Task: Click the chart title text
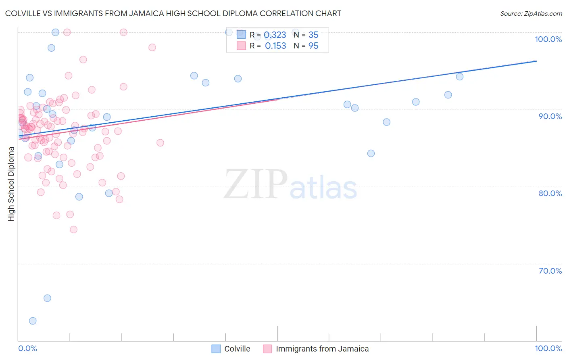[x=173, y=13]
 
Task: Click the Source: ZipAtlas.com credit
[x=531, y=13]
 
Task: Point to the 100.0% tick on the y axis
[x=548, y=39]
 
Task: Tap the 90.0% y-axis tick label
[x=550, y=116]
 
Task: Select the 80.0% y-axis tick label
[x=550, y=193]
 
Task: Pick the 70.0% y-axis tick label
[x=550, y=271]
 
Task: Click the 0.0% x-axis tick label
[x=27, y=348]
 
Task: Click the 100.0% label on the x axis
[x=548, y=348]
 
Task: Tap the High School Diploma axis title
[x=11, y=184]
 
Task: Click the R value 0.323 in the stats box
[x=275, y=35]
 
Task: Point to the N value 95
[x=313, y=46]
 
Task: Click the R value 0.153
[x=275, y=46]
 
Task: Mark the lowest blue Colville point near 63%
[x=33, y=321]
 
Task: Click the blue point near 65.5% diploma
[x=47, y=298]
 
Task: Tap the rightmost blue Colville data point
[x=460, y=77]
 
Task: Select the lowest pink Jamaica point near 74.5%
[x=73, y=230]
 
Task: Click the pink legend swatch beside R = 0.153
[x=241, y=46]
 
